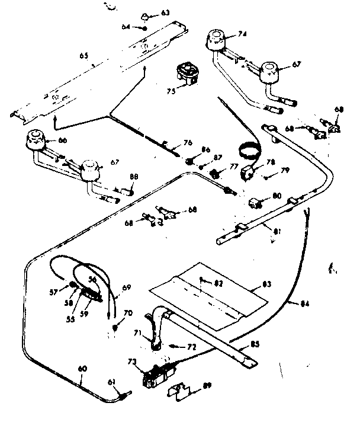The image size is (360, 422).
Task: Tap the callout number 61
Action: [111, 382]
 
